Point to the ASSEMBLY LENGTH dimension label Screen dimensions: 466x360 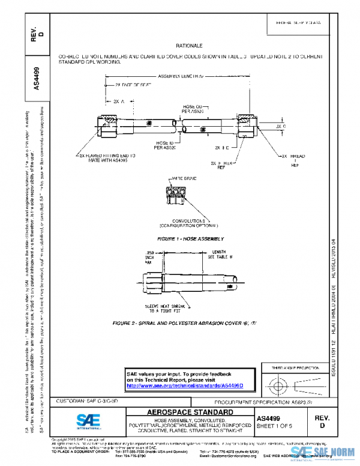point(180,76)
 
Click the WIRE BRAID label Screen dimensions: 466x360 point(183,178)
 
